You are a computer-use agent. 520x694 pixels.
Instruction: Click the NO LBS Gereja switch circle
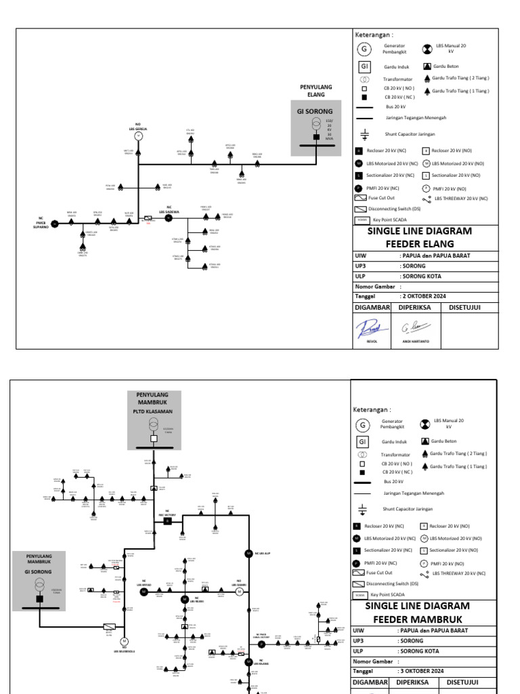coord(139,136)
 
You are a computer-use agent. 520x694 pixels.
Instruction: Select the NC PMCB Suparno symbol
coord(56,223)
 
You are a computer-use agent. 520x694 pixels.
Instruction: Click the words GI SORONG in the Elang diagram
coord(316,110)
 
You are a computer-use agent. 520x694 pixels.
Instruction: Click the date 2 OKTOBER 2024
coord(425,295)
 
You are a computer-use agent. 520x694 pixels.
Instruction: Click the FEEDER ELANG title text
coord(419,243)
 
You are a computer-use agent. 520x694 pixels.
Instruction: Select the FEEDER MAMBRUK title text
coord(417,619)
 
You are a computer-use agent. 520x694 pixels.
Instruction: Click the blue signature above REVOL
coord(369,328)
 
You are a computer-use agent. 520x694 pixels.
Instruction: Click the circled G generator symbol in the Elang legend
coord(364,49)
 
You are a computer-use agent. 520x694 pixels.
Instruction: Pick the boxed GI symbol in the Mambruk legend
coord(362,441)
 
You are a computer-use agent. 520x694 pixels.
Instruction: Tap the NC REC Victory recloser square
coord(167,521)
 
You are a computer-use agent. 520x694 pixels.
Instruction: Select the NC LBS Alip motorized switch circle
coord(248,553)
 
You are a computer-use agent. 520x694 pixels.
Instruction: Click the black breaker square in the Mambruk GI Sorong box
coord(39,599)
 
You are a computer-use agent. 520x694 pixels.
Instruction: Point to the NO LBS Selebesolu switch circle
coord(124,640)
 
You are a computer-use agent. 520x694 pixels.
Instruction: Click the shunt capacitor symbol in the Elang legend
coord(364,134)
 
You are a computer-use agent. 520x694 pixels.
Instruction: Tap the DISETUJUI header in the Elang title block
coord(464,307)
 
